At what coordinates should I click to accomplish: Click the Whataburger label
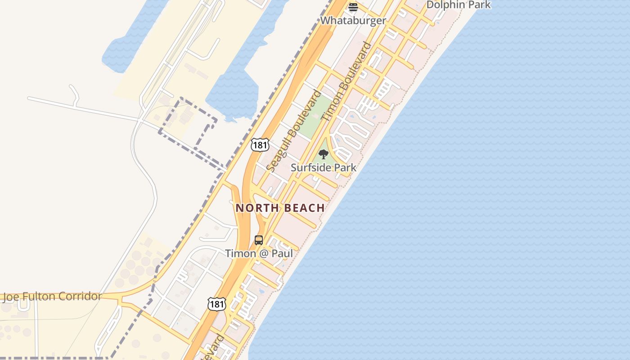[x=353, y=20]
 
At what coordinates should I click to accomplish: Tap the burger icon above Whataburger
[x=353, y=7]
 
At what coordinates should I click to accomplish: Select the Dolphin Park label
[x=458, y=5]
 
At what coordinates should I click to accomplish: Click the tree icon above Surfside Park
[x=323, y=154]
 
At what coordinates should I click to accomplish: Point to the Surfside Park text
[x=323, y=167]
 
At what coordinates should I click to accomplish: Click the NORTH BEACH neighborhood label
[x=280, y=208]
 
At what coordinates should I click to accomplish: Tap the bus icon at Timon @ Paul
[x=259, y=240]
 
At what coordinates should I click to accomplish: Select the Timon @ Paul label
[x=259, y=253]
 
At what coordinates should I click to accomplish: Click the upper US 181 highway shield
[x=260, y=145]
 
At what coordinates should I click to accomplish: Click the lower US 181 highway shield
[x=216, y=304]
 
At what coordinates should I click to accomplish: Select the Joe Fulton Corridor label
[x=53, y=297]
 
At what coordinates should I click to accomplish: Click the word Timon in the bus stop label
[x=240, y=253]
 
